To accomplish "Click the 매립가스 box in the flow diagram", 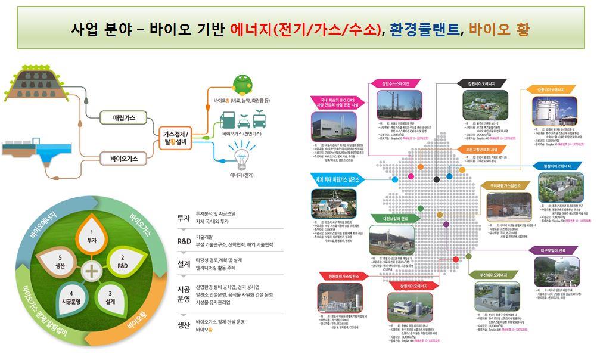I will pos(124,118).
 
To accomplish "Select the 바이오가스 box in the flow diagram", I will pos(124,159).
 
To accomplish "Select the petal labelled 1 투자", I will pos(92,235).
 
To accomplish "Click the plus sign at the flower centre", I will pos(91,271).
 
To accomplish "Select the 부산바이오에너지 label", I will pos(494,275).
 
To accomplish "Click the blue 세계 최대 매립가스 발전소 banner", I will pos(335,178).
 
